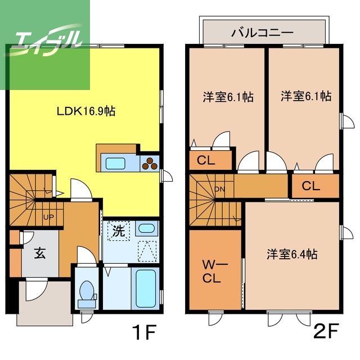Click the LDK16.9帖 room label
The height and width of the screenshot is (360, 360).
click(x=86, y=111)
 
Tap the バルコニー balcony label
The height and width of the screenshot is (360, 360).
click(x=263, y=33)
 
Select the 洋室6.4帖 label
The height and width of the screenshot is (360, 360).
click(x=292, y=254)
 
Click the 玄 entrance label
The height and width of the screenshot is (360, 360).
click(x=40, y=254)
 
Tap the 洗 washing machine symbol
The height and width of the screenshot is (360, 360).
click(x=119, y=230)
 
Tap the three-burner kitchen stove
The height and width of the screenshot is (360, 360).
click(x=151, y=164)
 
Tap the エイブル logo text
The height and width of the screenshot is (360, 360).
click(x=48, y=40)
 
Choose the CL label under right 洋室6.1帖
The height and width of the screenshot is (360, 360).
click(x=311, y=186)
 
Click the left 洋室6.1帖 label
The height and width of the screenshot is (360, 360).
click(x=228, y=97)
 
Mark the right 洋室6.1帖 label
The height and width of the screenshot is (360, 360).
click(x=305, y=97)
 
